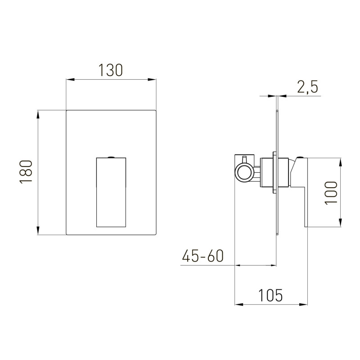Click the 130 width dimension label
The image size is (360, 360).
(111, 70)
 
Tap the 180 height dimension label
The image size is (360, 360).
(26, 172)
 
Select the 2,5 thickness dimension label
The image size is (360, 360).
(307, 87)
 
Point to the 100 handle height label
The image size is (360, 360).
(331, 193)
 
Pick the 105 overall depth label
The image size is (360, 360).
(270, 295)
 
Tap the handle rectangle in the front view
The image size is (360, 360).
(111, 193)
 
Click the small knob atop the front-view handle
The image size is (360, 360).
(111, 157)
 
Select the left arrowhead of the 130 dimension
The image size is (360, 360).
(70, 80)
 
